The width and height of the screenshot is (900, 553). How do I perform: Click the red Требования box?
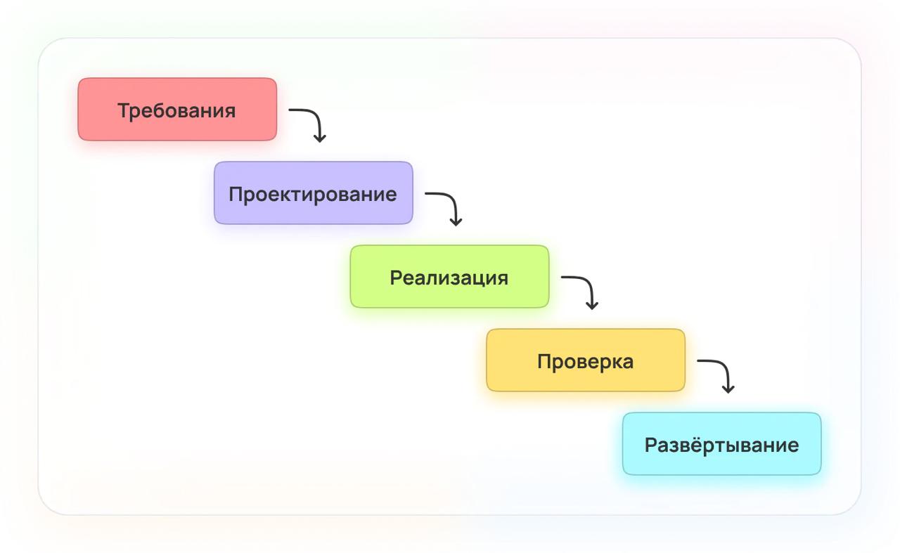point(177,109)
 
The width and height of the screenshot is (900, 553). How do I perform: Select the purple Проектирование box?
point(314,193)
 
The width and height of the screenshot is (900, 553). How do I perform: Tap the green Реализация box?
point(449,276)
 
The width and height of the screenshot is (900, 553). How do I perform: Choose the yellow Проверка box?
point(586,360)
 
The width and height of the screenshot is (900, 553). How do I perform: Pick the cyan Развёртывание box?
point(722,444)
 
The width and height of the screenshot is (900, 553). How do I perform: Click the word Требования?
point(176,110)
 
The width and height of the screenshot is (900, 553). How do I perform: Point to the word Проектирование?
point(313,195)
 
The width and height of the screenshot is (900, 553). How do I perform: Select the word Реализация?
point(449,278)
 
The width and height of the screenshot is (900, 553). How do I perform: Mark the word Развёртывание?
point(722,445)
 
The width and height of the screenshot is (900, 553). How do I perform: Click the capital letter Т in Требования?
point(124,110)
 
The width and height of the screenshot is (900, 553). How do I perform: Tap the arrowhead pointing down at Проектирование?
point(320,139)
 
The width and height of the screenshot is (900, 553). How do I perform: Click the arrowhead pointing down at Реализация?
point(456,223)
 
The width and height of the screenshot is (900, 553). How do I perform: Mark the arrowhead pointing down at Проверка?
point(592,306)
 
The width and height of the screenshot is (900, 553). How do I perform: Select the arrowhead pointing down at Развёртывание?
point(728,389)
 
